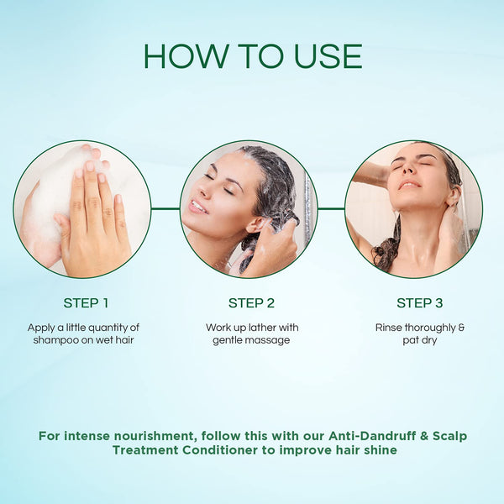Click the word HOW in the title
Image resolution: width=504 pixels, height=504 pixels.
click(x=185, y=56)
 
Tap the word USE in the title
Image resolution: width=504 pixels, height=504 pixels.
click(x=328, y=56)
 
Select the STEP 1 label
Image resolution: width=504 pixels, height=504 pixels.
click(x=86, y=302)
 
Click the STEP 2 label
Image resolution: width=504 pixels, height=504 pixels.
click(x=251, y=302)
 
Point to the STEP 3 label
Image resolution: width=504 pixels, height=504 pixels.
click(x=419, y=302)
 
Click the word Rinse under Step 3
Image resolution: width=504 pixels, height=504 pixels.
click(x=389, y=328)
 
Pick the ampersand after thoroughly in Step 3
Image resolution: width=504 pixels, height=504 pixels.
click(x=461, y=328)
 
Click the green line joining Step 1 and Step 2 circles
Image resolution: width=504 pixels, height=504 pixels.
click(x=165, y=208)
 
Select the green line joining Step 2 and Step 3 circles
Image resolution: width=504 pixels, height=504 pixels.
click(x=332, y=208)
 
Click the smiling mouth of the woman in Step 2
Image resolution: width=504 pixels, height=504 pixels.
click(x=197, y=207)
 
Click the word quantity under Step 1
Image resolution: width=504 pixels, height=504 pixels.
click(x=108, y=328)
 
